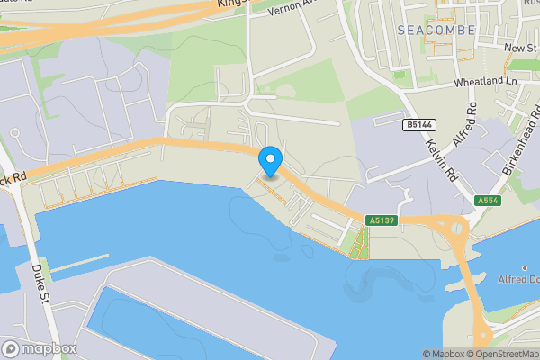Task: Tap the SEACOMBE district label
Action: [x=435, y=30]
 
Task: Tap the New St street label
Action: [x=519, y=48]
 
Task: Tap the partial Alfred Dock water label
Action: [x=518, y=279]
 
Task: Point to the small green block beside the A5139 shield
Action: [x=360, y=241]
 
